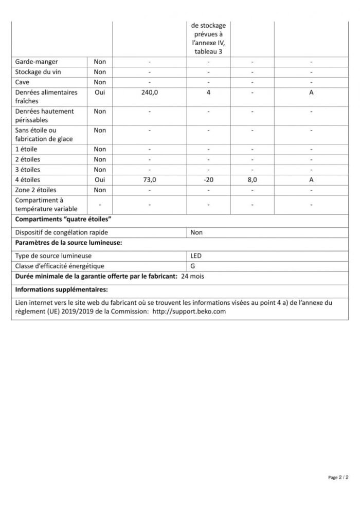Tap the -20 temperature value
coord(208,180)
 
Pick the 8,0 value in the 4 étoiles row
coord(253,180)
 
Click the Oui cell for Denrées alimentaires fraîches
coord(100,93)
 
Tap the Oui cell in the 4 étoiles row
coord(100,180)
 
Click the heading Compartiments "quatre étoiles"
coord(64,220)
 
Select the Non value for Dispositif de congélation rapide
coord(196,232)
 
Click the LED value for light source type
coord(196,256)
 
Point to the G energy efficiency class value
coord(193,266)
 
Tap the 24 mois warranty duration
coord(193,277)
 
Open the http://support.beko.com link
coord(189,312)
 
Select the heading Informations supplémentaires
coord(61,289)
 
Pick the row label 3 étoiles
coord(28,170)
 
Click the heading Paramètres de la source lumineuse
coord(69,243)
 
